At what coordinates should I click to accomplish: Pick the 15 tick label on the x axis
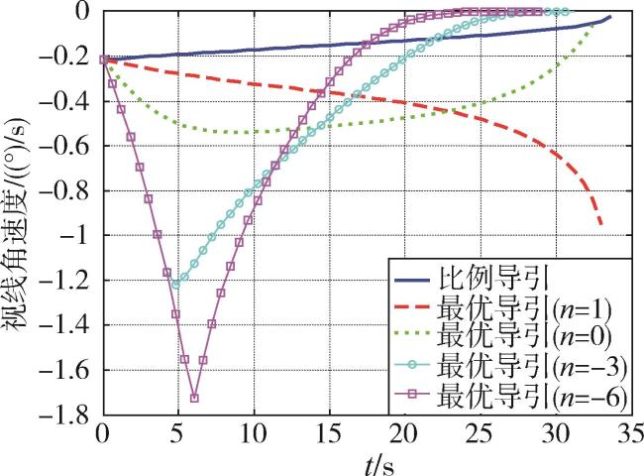point(328,433)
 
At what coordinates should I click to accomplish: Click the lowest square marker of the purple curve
point(194,398)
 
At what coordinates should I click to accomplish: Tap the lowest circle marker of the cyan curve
point(177,285)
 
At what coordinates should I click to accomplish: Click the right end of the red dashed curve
point(602,226)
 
